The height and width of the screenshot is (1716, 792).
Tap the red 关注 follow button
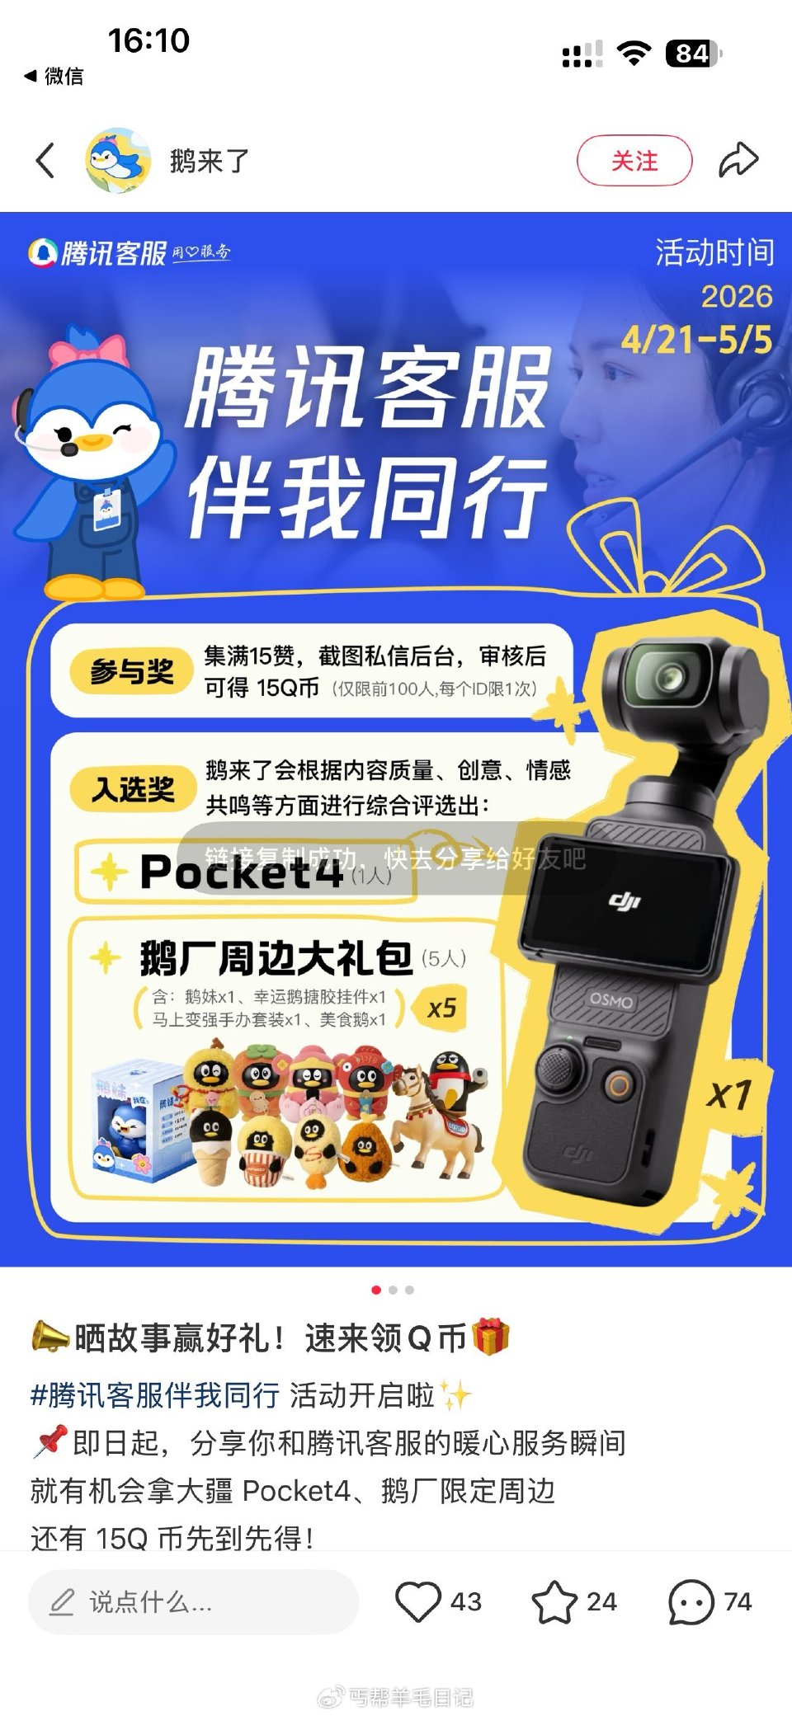click(634, 160)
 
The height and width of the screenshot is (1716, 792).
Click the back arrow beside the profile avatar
click(46, 160)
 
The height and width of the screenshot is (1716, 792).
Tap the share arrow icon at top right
click(738, 160)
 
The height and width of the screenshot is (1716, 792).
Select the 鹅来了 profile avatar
click(118, 160)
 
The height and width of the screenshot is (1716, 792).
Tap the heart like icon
click(417, 1601)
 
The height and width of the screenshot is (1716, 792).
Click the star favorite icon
click(554, 1601)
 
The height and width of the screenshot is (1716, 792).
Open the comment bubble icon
click(691, 1601)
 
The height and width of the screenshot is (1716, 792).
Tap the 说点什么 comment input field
click(193, 1601)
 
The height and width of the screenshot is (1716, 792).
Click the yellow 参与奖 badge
click(132, 671)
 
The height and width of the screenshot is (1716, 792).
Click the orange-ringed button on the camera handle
click(618, 1084)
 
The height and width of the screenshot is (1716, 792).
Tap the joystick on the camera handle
click(558, 1067)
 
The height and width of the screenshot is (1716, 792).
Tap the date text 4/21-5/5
click(696, 340)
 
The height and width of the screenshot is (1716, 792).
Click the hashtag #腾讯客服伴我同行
click(155, 1395)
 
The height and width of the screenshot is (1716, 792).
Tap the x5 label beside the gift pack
click(442, 1008)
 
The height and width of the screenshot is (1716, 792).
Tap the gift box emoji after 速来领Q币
click(491, 1337)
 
